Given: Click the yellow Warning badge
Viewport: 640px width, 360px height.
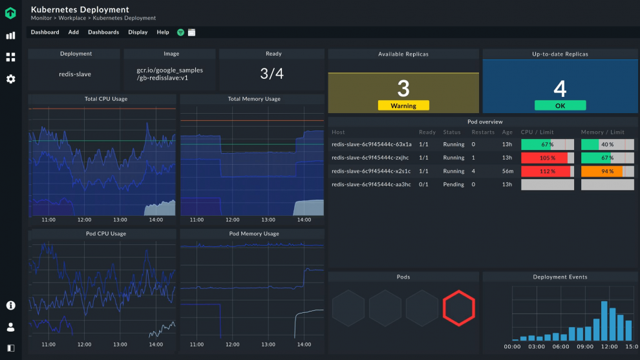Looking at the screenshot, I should pyautogui.click(x=403, y=105).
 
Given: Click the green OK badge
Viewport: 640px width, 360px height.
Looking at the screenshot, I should pyautogui.click(x=560, y=105).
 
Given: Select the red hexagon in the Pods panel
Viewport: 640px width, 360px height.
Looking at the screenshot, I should pyautogui.click(x=459, y=307).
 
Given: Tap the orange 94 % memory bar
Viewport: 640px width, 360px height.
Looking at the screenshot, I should pyautogui.click(x=607, y=171).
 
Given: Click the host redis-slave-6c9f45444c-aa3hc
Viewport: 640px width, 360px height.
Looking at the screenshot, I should pyautogui.click(x=371, y=184).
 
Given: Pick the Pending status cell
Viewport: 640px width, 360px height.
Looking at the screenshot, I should pyautogui.click(x=453, y=184).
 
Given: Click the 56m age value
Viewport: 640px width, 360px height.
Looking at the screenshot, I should pyautogui.click(x=507, y=171).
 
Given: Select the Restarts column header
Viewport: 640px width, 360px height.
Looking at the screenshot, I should pyautogui.click(x=483, y=132).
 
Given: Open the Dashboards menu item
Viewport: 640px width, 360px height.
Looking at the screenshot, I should pyautogui.click(x=103, y=32).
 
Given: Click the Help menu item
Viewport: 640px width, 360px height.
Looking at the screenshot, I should pyautogui.click(x=163, y=32).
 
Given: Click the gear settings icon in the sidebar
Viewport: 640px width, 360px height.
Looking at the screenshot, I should pyautogui.click(x=11, y=79).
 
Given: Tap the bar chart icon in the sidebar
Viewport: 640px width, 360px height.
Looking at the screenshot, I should pyautogui.click(x=11, y=36).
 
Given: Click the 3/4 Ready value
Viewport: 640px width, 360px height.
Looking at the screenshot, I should pyautogui.click(x=272, y=74).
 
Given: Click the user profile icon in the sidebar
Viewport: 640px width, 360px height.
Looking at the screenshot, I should pyautogui.click(x=11, y=327).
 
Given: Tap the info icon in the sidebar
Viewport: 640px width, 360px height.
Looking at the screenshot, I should pyautogui.click(x=11, y=305).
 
